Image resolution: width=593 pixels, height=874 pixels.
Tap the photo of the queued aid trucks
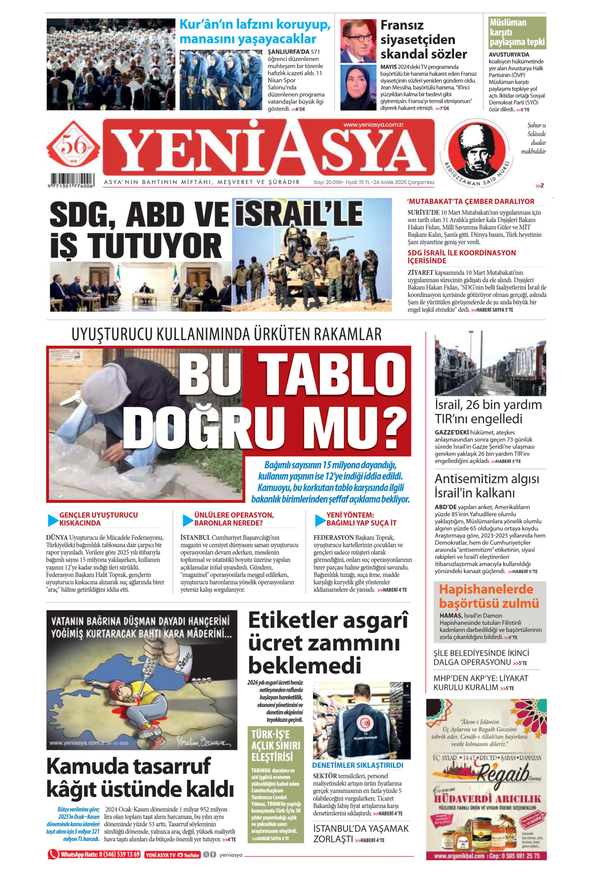[x=490, y=364]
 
